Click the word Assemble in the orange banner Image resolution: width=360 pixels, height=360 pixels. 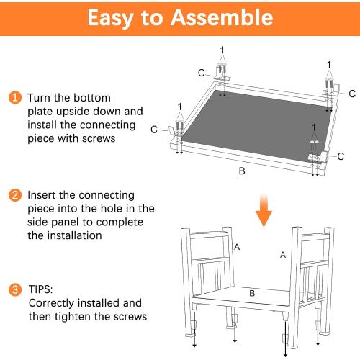coord(222,17)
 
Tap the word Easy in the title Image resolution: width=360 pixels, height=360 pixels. coord(110,19)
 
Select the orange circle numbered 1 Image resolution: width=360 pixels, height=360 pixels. coord(15,98)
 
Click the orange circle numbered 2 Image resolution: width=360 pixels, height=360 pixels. coord(15,195)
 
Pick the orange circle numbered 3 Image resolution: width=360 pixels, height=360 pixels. coord(15,289)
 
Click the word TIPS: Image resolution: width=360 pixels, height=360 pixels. coord(40,289)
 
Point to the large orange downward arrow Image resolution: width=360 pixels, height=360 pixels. coord(264,210)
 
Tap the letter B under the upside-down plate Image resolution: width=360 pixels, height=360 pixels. coord(242,171)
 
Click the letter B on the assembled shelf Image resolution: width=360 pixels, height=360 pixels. coord(252,293)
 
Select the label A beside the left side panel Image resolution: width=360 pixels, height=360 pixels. coord(237,247)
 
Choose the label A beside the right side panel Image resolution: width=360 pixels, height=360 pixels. coord(283,255)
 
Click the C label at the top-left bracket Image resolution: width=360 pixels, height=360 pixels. coord(202,73)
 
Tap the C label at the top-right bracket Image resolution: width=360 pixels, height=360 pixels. coord(352,94)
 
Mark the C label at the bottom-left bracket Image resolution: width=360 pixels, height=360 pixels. coord(154,130)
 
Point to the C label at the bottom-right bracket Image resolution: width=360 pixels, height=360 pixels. coord(341,156)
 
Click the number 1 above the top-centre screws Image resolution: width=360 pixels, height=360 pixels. coord(222,50)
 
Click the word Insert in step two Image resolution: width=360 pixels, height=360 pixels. coord(42,195)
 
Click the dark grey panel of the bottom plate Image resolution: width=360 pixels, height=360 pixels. coord(257,125)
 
